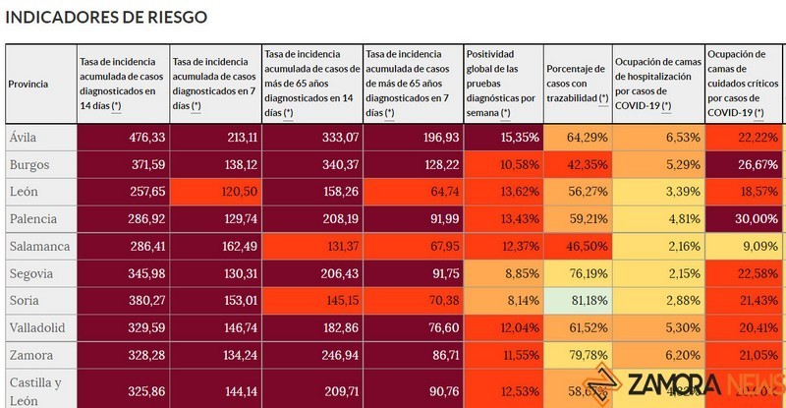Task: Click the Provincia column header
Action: pyautogui.click(x=28, y=85)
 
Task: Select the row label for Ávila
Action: pyautogui.click(x=24, y=138)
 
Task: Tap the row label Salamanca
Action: pyautogui.click(x=36, y=246)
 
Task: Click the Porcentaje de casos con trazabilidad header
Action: pyautogui.click(x=576, y=85)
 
